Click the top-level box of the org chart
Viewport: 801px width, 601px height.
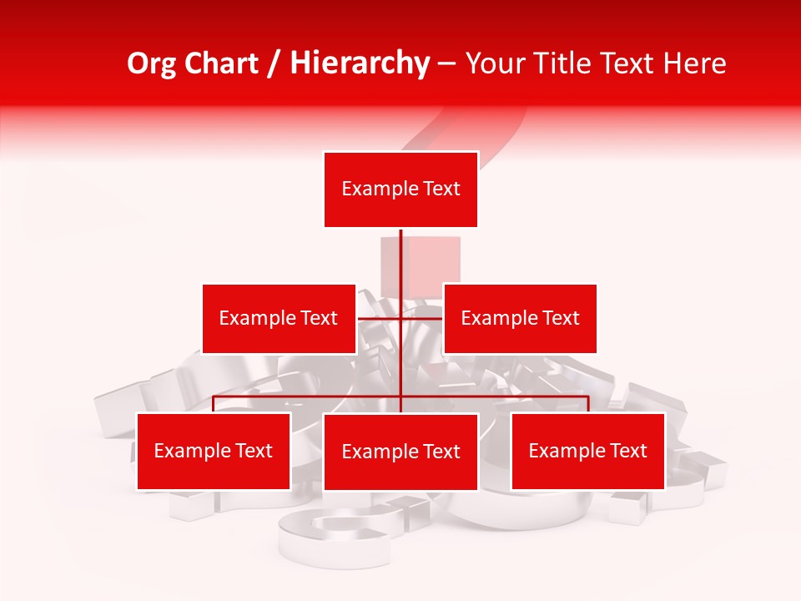400,189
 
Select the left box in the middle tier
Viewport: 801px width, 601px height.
279,318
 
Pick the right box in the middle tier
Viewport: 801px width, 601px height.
520,318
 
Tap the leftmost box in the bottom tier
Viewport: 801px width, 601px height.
214,451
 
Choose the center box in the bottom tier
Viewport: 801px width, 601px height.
400,452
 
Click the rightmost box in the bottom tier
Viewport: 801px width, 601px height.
587,451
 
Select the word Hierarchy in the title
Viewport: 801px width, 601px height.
359,63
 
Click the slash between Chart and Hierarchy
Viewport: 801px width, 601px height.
275,63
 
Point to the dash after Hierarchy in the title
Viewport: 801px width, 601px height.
446,63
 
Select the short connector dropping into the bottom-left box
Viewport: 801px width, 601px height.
214,404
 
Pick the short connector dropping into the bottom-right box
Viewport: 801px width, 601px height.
588,404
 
